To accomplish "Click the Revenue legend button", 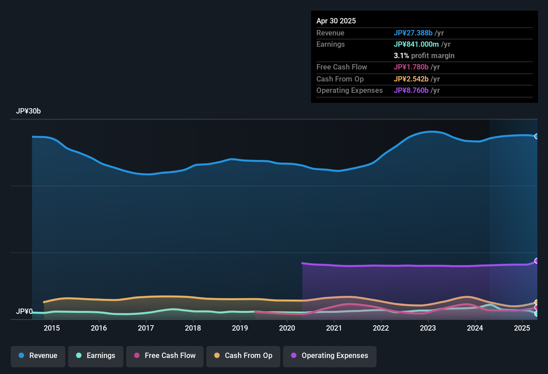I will [x=38, y=356].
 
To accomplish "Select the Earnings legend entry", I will [x=96, y=356].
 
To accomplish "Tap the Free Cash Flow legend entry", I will [x=165, y=356].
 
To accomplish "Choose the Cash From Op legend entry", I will [x=243, y=356].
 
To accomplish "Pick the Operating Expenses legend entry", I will [x=330, y=356].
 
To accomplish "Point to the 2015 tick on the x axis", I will [x=52, y=328].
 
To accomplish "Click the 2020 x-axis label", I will [x=287, y=328].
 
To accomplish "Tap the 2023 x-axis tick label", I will [x=428, y=328].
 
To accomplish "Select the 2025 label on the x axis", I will [x=522, y=328].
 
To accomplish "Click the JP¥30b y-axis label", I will [x=28, y=111].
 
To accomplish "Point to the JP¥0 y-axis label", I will [x=24, y=312].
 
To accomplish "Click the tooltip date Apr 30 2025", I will [x=336, y=21].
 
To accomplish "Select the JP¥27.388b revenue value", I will [x=413, y=33].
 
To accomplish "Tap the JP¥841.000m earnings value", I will [x=416, y=44].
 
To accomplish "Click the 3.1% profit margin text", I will [x=424, y=56].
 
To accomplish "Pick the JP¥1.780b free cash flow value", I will [x=411, y=67].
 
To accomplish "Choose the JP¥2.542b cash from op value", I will [x=411, y=79].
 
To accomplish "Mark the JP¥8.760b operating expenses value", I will [x=411, y=90].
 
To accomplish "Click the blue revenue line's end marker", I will [x=537, y=136].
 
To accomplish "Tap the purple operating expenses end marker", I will [x=537, y=261].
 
